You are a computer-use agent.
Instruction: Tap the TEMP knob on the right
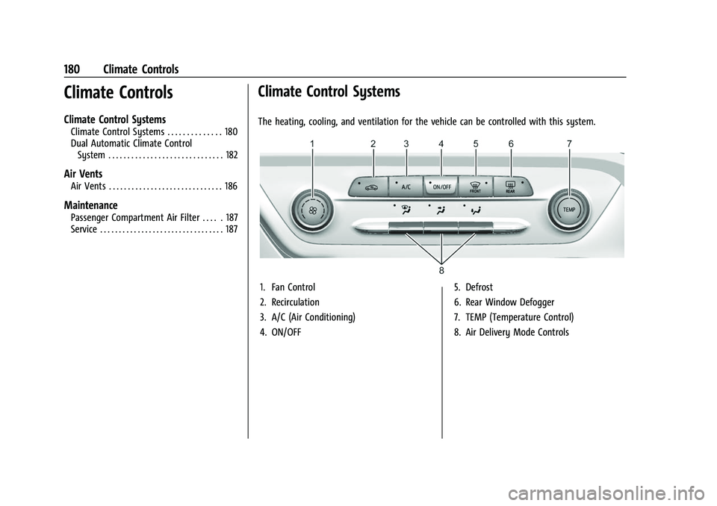(x=570, y=210)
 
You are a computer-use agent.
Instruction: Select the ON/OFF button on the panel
(x=441, y=186)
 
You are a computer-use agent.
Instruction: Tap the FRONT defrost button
(x=476, y=186)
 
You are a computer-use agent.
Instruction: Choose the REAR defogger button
(x=510, y=186)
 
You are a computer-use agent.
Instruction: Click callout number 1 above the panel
(x=312, y=143)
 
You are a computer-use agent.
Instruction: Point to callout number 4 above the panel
(x=441, y=143)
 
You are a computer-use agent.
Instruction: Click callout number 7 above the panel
(x=569, y=143)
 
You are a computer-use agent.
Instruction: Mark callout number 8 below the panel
(x=441, y=269)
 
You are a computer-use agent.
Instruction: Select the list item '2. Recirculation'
(x=290, y=302)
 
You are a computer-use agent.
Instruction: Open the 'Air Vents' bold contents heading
(x=83, y=173)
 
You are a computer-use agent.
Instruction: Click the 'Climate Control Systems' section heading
(x=329, y=93)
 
